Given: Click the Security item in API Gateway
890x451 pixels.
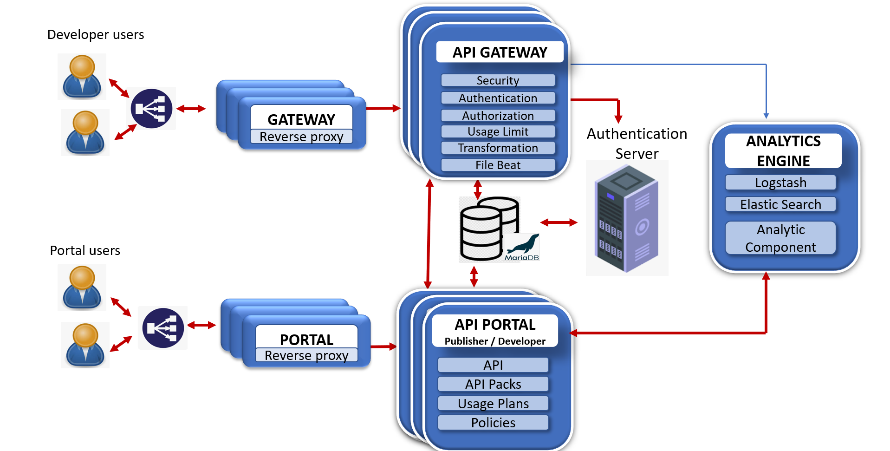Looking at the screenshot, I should (x=498, y=80).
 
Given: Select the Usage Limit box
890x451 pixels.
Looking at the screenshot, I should (x=498, y=131).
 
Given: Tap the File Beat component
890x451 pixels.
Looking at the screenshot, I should (x=498, y=165).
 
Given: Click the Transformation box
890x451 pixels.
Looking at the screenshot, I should (x=498, y=148).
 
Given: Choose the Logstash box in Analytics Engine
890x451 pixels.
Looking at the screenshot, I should (x=780, y=183).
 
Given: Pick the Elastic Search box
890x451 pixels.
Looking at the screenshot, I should (x=780, y=204).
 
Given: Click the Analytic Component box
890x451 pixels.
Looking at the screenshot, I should (x=780, y=238).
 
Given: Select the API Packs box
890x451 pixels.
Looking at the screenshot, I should (x=493, y=384).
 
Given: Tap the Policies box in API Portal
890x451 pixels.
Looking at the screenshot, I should (x=493, y=423).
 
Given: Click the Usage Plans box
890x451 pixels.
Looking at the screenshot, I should (x=493, y=404).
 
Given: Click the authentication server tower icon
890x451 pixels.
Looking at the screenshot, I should (x=626, y=218).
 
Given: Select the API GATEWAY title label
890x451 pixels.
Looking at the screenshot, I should (x=500, y=52).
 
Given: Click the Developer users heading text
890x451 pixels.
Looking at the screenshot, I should (x=96, y=35).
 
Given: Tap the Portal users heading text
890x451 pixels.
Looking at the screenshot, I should (x=85, y=251).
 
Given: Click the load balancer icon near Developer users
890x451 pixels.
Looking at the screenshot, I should (x=151, y=109).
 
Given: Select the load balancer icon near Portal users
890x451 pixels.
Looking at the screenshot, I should (x=163, y=328).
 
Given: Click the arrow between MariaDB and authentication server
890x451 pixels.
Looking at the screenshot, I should (x=559, y=223).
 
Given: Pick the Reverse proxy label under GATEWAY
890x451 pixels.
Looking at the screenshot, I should (x=301, y=137).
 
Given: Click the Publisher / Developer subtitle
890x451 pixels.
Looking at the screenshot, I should (x=495, y=341).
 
